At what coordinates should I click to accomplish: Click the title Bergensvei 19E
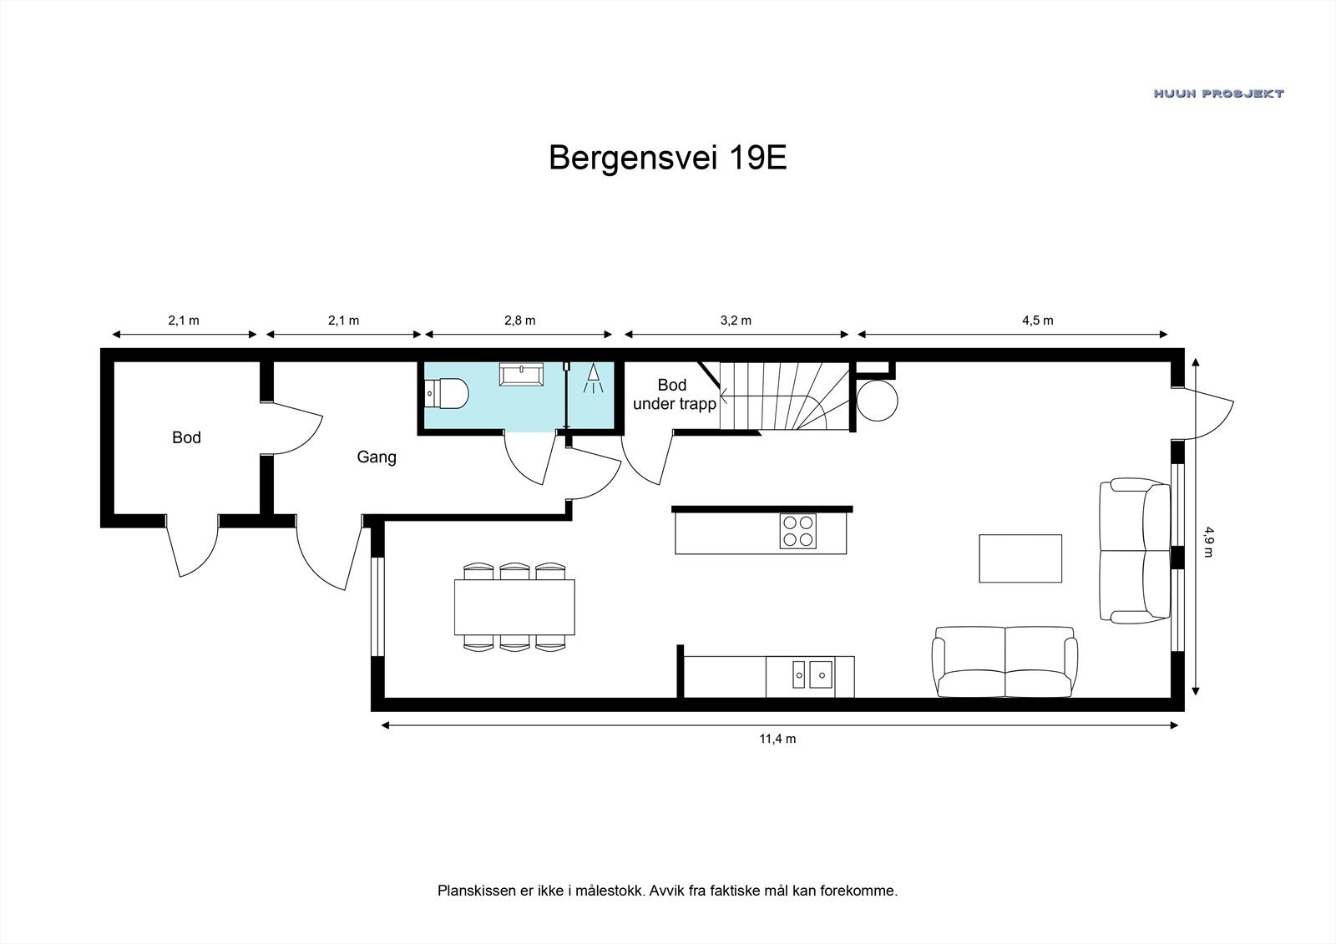point(667,158)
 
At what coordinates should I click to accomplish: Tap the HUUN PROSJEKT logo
point(1218,93)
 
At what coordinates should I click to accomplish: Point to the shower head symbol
point(593,377)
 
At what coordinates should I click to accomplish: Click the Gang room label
point(377,457)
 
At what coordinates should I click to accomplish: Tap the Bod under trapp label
point(673,395)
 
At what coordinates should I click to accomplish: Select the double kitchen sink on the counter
point(811,673)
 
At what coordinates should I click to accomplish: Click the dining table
point(514,607)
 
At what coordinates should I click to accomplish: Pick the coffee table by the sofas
point(1020,558)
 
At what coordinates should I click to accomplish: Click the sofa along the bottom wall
point(1005,663)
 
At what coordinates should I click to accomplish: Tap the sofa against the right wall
point(1135,551)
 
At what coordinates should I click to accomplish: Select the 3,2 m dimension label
point(735,321)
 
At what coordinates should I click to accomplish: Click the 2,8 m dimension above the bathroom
point(519,321)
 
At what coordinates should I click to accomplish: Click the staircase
point(785,396)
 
